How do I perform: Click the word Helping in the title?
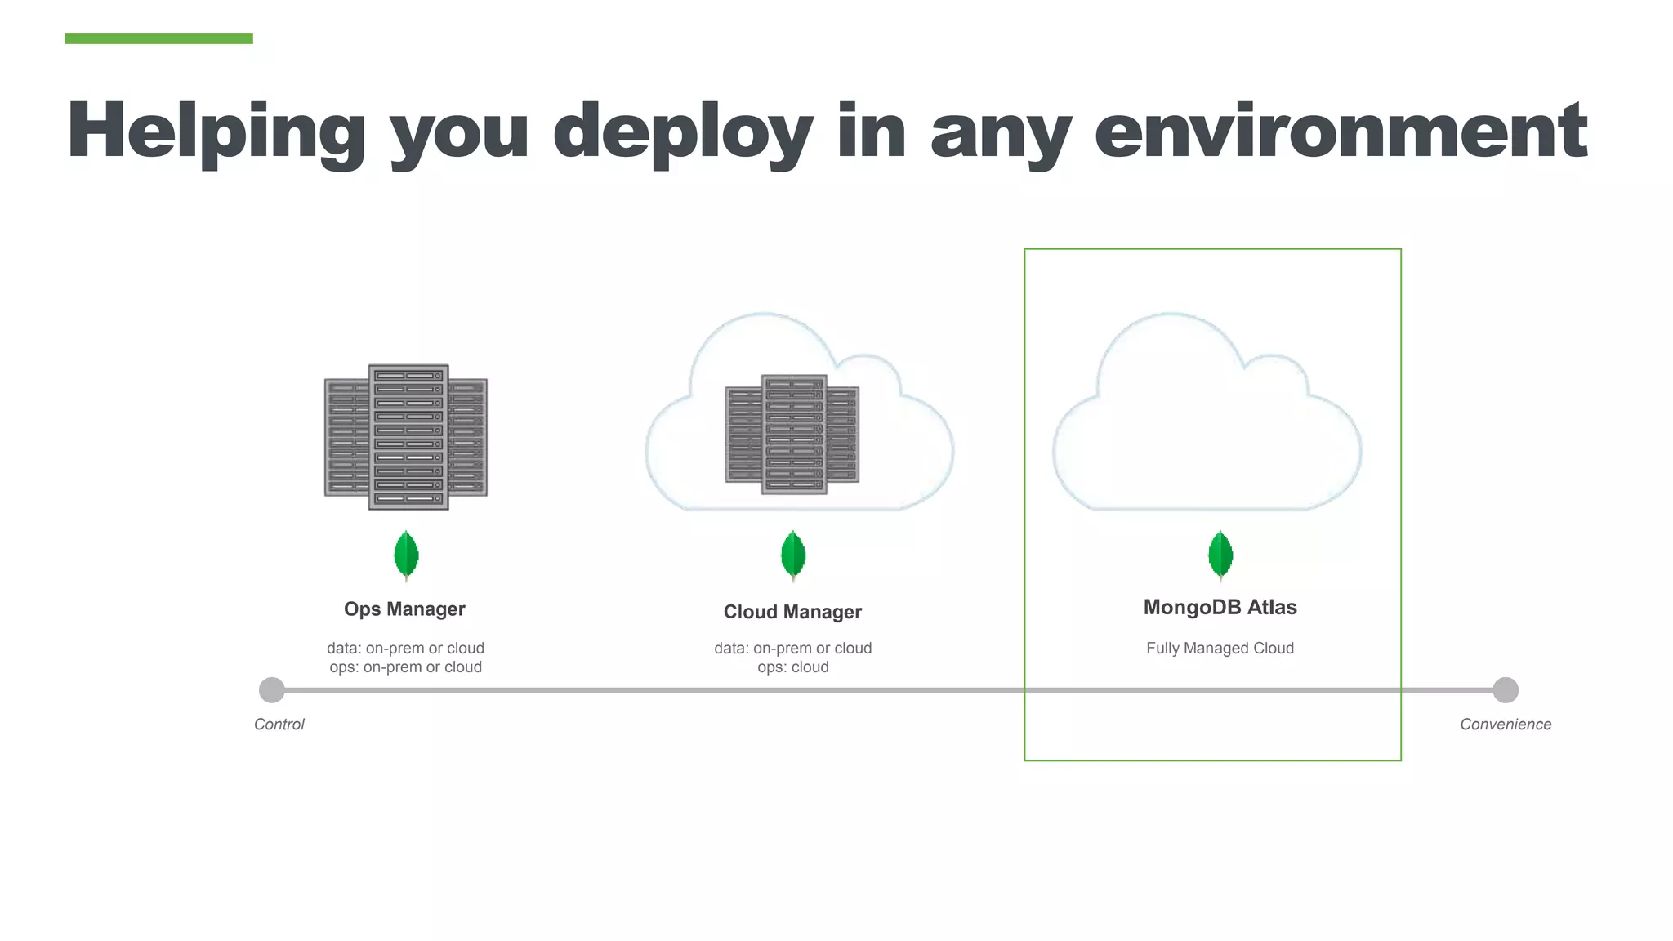tap(216, 131)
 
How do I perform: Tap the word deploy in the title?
tap(682, 131)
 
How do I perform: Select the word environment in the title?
tap(1340, 131)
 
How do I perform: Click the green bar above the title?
tap(158, 38)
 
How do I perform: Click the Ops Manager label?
tap(404, 609)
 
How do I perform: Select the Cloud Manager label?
tap(792, 612)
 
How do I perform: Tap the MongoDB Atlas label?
tap(1220, 608)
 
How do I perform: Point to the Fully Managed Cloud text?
tap(1220, 649)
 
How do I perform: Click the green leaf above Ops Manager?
tap(406, 555)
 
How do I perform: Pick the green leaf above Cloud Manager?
tap(792, 555)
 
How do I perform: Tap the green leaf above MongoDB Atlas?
tap(1220, 555)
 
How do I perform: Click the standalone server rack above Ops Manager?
tap(406, 437)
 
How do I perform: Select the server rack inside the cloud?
tap(792, 435)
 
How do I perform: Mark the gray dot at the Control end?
tap(272, 690)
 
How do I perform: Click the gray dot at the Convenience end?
tap(1505, 690)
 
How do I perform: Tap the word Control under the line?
tap(279, 725)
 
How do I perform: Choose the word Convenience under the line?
tap(1505, 725)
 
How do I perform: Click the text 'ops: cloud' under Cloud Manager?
tap(792, 667)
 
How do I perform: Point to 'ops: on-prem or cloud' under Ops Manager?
tap(405, 667)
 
